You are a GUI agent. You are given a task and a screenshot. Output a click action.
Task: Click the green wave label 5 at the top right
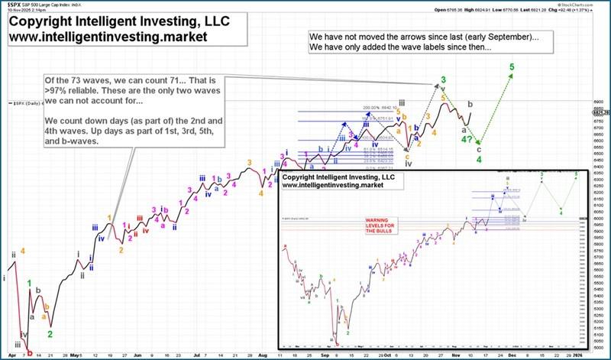[510, 66]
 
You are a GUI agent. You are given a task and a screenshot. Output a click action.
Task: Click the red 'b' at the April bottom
[28, 353]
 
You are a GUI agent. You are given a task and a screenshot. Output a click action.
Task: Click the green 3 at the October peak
[443, 80]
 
